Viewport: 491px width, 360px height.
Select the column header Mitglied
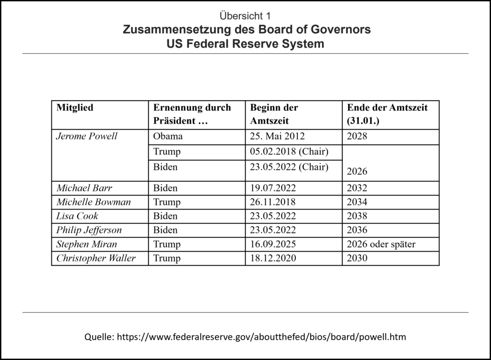75,108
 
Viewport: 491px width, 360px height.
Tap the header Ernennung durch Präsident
192,114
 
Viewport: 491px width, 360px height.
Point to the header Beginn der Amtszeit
274,114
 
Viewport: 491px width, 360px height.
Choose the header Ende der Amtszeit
386,114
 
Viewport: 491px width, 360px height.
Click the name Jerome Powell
87,137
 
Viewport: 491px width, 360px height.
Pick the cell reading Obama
168,137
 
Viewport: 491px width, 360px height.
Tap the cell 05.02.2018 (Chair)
289,152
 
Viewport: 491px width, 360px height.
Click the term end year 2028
357,137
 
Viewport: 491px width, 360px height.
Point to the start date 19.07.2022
273,188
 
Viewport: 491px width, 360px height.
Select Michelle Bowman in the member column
94,202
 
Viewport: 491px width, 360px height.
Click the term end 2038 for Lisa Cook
357,216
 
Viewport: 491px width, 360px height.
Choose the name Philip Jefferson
89,230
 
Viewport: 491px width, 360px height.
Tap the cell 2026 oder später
381,244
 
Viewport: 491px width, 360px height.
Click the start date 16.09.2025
273,244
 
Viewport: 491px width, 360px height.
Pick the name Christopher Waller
96,258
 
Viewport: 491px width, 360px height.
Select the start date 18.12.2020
273,258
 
